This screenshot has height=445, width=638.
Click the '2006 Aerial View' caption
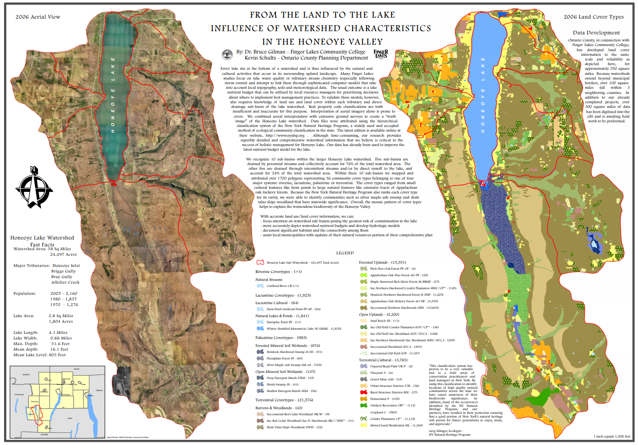(38, 17)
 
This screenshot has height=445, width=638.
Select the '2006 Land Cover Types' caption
(593, 17)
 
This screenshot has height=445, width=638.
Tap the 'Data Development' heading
(596, 33)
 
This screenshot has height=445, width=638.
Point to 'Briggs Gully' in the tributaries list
(63, 271)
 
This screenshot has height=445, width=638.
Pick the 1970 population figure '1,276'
(72, 305)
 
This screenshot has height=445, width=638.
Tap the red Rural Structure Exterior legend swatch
(364, 392)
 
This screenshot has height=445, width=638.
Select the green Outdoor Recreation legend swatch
(364, 405)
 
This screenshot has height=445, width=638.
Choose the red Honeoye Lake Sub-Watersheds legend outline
(260, 262)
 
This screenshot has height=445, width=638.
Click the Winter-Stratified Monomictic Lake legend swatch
(260, 328)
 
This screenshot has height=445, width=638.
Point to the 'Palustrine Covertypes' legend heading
(274, 338)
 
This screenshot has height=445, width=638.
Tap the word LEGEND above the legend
(345, 253)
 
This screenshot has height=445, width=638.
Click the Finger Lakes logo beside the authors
(380, 54)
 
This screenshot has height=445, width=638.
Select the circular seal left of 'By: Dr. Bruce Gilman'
(227, 55)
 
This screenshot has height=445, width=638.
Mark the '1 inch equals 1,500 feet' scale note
(611, 436)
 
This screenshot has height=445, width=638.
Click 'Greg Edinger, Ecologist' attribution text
(446, 431)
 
